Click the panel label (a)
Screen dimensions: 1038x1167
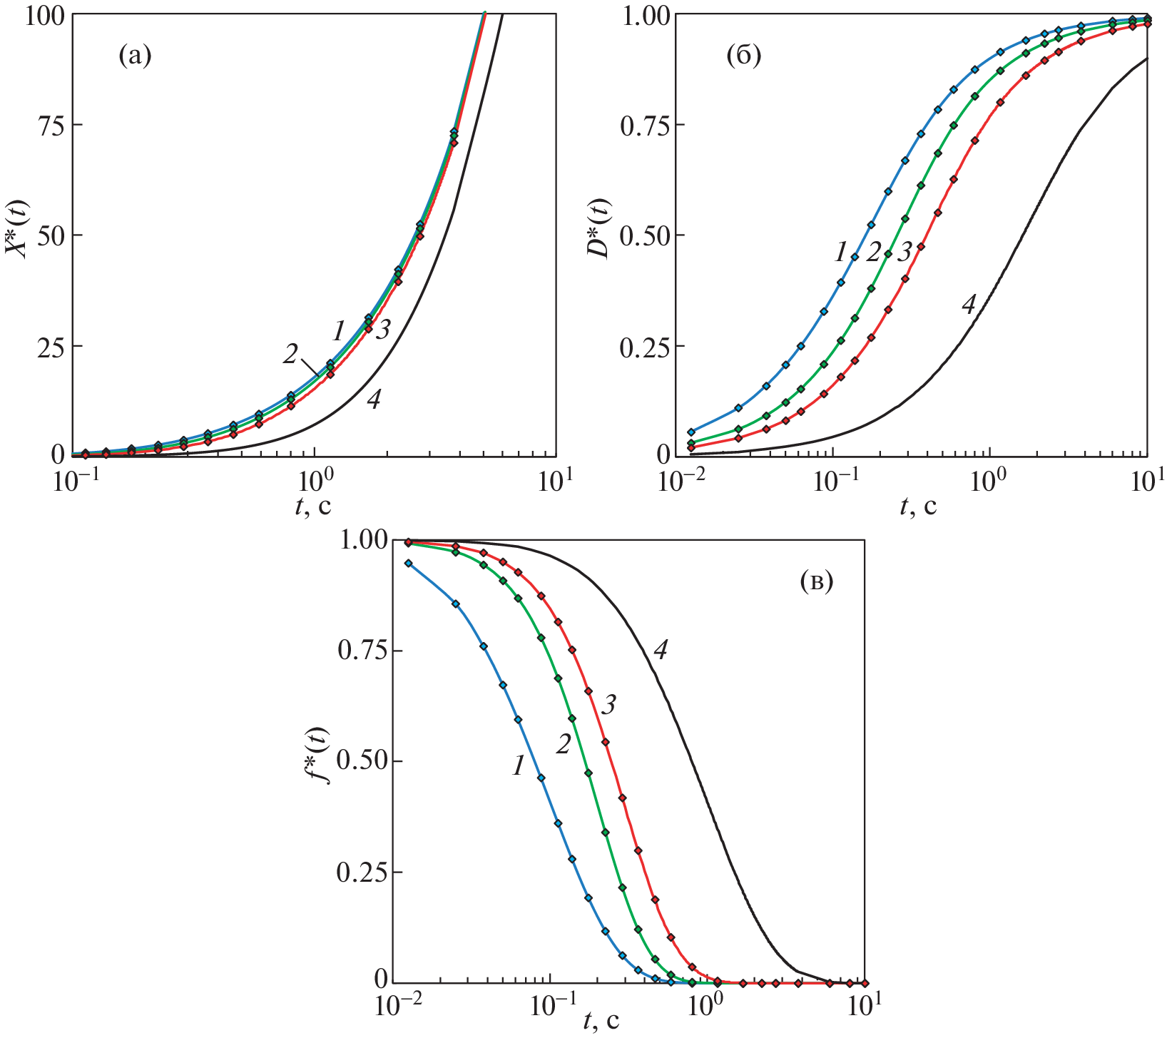coord(135,55)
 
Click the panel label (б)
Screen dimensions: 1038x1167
coord(743,55)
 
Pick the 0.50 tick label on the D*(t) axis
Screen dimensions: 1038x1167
coord(641,235)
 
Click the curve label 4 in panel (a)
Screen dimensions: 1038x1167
coord(373,400)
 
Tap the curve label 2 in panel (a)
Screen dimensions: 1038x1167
coord(290,354)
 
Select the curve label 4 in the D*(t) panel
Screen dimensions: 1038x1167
coord(968,305)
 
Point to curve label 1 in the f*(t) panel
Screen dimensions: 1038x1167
coord(518,765)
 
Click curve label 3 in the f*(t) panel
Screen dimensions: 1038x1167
coord(608,705)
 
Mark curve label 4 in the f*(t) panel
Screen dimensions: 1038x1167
coord(661,650)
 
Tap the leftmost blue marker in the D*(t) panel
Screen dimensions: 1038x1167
coord(690,432)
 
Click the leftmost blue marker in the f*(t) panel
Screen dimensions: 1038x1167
coord(409,563)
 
